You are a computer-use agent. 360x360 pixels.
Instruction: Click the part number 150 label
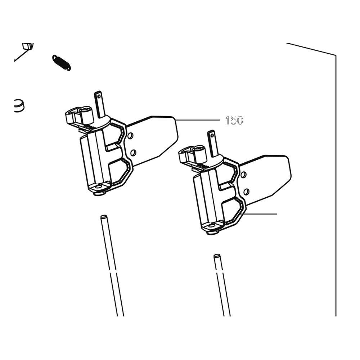pos(234,120)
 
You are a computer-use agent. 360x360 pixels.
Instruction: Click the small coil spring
pos(62,63)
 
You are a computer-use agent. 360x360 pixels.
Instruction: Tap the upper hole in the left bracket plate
pos(130,136)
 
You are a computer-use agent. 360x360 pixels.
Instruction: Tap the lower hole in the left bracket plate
pos(133,153)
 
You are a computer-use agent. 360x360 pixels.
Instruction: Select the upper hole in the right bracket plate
pos(243,175)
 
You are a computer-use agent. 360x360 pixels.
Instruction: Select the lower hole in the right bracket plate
pos(246,192)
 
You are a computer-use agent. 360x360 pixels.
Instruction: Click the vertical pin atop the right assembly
pos(213,144)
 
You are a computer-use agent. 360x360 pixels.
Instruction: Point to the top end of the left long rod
pos(104,216)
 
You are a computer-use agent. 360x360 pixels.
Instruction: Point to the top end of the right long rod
pos(217,256)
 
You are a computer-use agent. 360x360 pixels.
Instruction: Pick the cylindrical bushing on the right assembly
pos(199,153)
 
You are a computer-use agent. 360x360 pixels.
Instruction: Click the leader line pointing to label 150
pos(197,120)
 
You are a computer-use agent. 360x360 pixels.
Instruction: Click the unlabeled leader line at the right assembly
pos(260,214)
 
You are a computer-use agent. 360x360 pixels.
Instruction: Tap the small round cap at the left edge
pos(19,106)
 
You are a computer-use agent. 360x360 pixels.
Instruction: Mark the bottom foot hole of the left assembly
pos(99,187)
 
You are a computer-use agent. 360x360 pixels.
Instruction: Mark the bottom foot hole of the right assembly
pos(212,226)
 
